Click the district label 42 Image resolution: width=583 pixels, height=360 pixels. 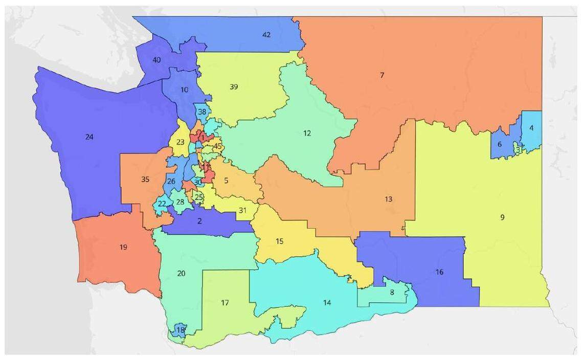266,35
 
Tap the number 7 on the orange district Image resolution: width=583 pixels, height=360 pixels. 382,75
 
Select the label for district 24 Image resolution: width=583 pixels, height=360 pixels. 89,137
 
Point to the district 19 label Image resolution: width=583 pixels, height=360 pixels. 123,247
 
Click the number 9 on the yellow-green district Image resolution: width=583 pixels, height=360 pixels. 502,217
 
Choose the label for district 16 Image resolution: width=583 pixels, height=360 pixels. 439,272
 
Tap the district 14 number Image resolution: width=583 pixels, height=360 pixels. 327,302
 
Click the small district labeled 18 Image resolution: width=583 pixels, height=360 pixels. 180,330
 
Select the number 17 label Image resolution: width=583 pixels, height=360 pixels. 225,303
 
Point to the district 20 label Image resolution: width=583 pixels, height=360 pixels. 181,273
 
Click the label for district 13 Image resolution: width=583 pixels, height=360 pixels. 389,198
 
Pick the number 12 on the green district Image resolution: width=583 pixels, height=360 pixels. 307,133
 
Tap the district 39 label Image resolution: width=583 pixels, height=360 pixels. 234,87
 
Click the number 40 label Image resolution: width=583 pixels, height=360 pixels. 156,60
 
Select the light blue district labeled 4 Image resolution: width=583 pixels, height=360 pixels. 531,128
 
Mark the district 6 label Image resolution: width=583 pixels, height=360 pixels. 500,144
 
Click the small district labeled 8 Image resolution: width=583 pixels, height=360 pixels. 392,292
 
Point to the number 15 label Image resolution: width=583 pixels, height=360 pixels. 279,241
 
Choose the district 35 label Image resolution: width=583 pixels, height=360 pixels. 145,179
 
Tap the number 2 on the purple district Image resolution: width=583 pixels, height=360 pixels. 199,221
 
